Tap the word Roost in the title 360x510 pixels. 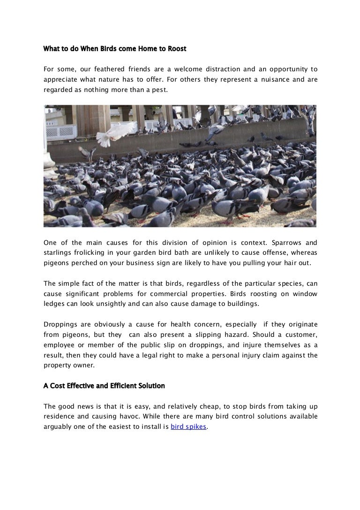(x=176, y=48)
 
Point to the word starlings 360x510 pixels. (x=57, y=253)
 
